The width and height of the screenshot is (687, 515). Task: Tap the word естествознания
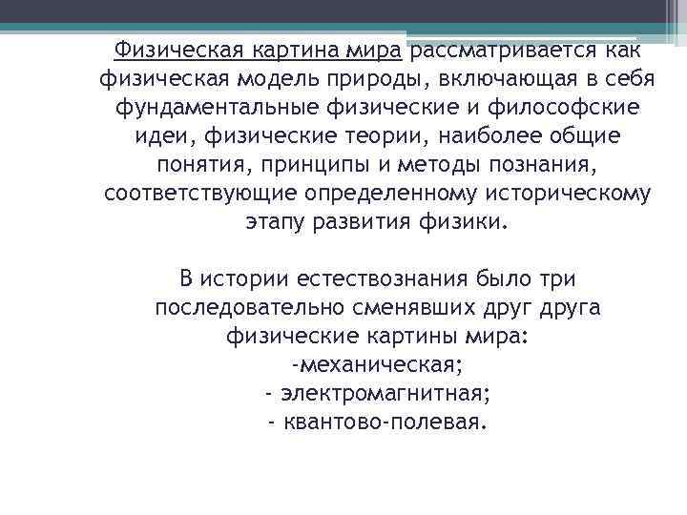point(387,279)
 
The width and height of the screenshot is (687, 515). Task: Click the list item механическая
point(380,364)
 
